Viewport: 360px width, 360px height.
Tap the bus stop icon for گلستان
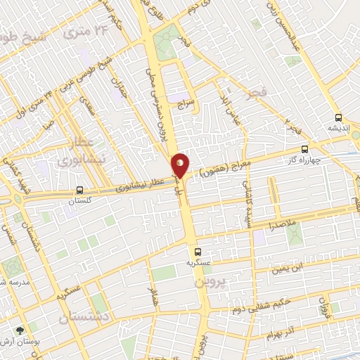tap(79, 190)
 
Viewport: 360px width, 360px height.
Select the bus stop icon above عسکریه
tap(197, 251)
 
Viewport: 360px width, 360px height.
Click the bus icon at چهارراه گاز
tap(304, 149)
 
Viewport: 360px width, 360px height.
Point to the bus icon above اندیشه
tap(338, 117)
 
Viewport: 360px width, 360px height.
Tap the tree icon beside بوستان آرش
tap(19, 329)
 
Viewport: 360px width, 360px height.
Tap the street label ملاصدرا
tap(282, 226)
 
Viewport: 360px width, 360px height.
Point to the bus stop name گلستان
tap(79, 200)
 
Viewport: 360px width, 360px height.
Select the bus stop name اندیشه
tap(338, 129)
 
